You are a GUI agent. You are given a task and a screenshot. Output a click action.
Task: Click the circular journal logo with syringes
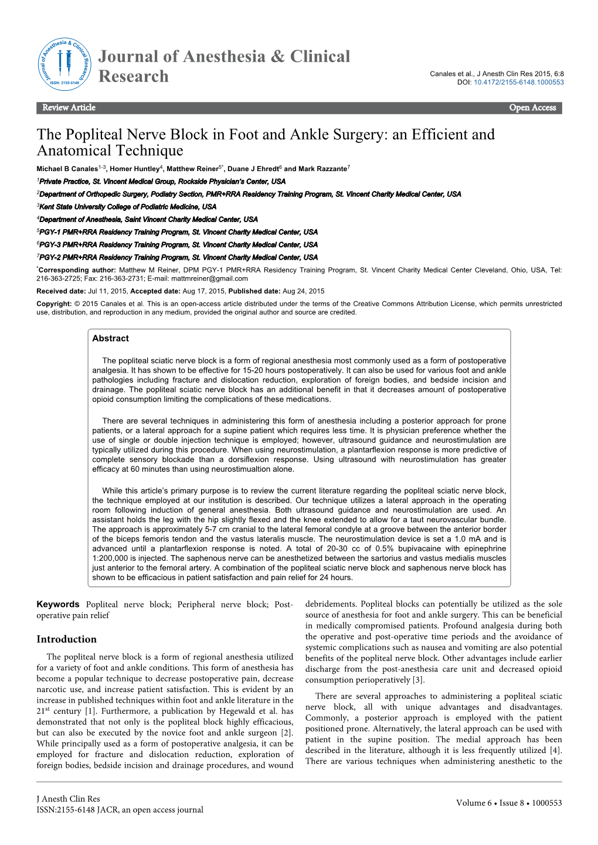coord(64,64)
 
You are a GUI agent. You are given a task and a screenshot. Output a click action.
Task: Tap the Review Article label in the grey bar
coord(69,108)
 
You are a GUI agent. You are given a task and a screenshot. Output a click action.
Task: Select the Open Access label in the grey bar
coord(532,108)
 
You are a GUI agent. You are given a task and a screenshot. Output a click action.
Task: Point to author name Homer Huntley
coord(134,169)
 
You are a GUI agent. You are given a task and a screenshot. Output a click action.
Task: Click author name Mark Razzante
coord(322,169)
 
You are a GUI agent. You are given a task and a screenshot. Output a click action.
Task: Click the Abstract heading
coord(110,339)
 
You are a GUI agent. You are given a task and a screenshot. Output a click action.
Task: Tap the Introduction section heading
coord(66,639)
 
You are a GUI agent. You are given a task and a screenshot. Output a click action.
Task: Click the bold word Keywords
coord(58,604)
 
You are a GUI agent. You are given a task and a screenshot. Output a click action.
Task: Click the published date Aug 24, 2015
coord(303,291)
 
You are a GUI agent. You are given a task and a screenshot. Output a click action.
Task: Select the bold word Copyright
coord(53,304)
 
